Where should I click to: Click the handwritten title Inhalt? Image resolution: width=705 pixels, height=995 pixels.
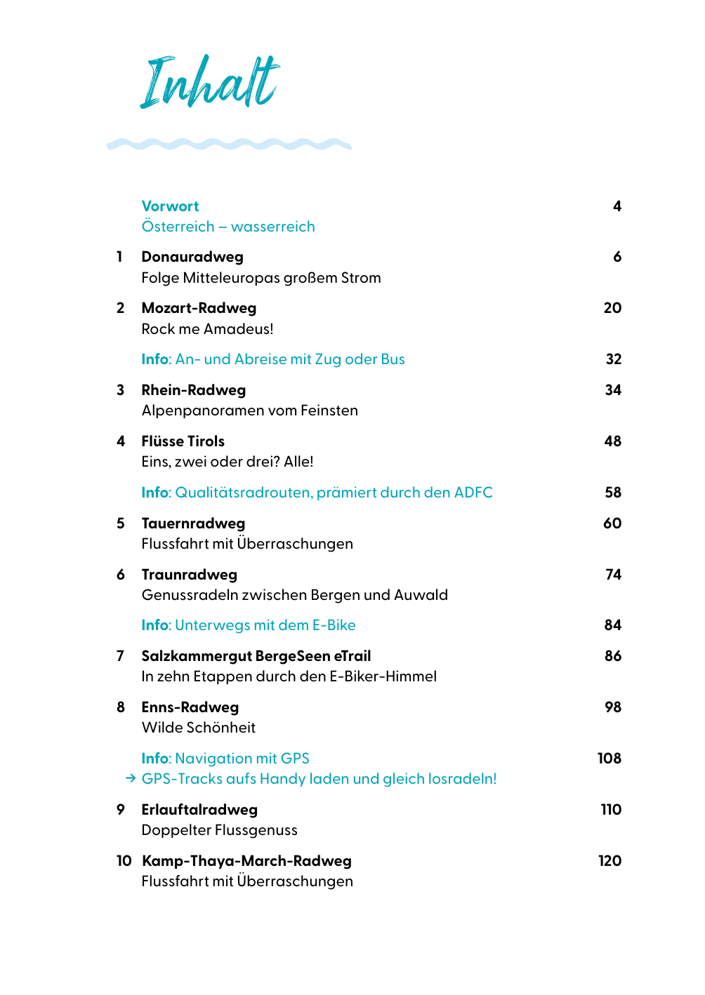(x=209, y=82)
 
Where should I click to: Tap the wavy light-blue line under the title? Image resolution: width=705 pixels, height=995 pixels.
(x=229, y=144)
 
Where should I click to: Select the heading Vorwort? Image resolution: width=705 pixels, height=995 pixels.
(x=170, y=206)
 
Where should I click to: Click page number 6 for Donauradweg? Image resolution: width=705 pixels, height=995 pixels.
(x=617, y=257)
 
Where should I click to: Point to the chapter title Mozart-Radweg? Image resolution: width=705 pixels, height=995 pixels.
(x=199, y=308)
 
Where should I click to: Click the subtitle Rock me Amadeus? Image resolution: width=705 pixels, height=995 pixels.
(x=207, y=329)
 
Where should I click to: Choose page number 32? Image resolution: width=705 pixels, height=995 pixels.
(x=614, y=359)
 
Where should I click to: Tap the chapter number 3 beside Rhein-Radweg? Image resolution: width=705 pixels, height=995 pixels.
(x=121, y=390)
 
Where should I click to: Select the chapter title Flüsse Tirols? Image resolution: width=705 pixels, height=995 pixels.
(x=183, y=441)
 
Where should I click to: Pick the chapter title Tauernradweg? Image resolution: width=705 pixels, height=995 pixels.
(x=193, y=523)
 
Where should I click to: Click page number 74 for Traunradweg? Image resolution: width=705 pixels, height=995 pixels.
(x=614, y=575)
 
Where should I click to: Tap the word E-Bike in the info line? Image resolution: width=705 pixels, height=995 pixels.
(x=334, y=625)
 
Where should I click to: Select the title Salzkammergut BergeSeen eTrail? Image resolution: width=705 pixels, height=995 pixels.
(x=256, y=656)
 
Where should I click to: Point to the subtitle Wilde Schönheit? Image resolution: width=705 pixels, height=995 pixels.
(x=199, y=728)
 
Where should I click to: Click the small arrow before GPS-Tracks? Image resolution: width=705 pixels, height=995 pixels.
(x=130, y=779)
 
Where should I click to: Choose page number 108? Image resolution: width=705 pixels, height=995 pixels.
(x=610, y=759)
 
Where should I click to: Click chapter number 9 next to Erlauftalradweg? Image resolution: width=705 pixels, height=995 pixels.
(x=121, y=810)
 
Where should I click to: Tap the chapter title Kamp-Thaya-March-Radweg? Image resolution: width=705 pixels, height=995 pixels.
(x=246, y=861)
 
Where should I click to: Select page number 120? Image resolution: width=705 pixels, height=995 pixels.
(x=610, y=861)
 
